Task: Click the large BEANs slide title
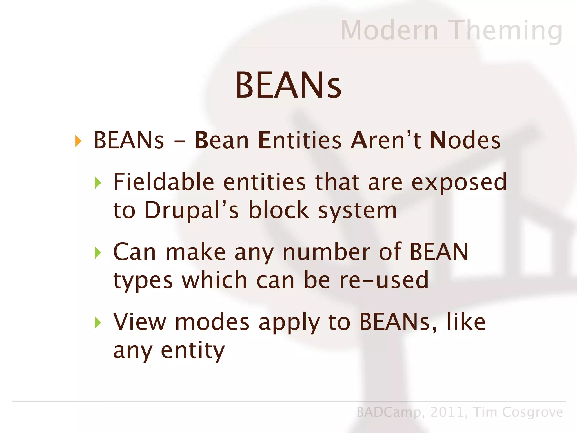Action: click(x=288, y=85)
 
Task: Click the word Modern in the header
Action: click(x=389, y=30)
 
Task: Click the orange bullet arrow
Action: click(x=78, y=141)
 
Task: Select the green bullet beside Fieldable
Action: click(x=98, y=183)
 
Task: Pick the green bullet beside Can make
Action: click(x=98, y=253)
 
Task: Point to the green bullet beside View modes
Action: click(x=98, y=322)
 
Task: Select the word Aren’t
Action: click(x=386, y=140)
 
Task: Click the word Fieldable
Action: click(x=164, y=182)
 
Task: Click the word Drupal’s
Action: click(x=192, y=211)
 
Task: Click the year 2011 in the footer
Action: click(x=447, y=412)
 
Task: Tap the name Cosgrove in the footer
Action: click(x=532, y=412)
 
